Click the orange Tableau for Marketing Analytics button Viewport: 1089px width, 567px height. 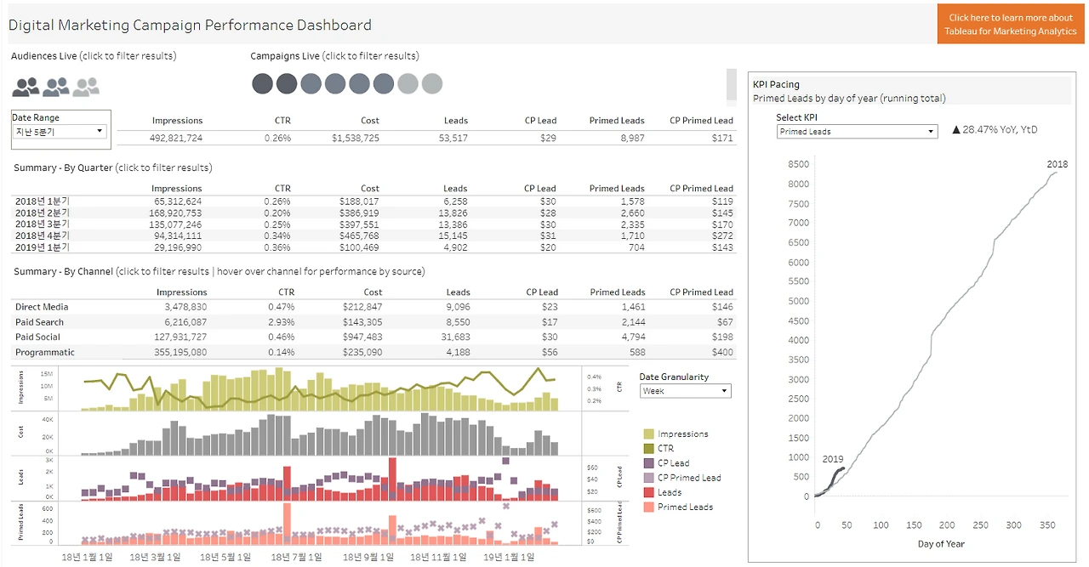tap(1011, 24)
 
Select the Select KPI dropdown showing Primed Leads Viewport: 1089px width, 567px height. tap(857, 132)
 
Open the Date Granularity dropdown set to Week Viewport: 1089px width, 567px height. tap(685, 391)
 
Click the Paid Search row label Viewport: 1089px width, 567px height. tap(39, 322)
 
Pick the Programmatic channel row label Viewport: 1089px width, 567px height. tap(45, 352)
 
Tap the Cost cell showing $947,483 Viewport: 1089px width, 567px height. tap(362, 337)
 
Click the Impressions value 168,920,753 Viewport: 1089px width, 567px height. tap(177, 213)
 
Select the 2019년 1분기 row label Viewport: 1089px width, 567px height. tap(43, 247)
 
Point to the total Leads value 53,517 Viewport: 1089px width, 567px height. tap(449, 138)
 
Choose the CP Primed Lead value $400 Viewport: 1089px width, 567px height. tap(722, 352)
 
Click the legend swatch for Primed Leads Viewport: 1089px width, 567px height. tap(649, 507)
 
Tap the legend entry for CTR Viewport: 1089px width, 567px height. tap(665, 448)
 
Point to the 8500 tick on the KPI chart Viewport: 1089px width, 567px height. tap(797, 164)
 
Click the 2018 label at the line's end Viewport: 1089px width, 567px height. tap(1057, 164)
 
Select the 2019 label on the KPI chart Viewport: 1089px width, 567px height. tap(833, 459)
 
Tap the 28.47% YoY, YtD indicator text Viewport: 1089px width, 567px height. tap(995, 130)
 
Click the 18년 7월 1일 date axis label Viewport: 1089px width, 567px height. tap(296, 558)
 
